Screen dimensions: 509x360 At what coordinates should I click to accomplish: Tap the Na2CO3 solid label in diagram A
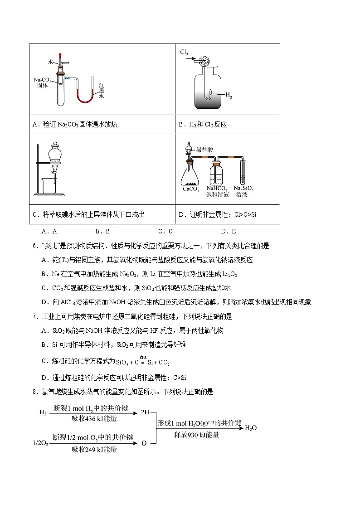(42, 82)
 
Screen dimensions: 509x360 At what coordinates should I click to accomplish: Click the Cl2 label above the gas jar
(184, 53)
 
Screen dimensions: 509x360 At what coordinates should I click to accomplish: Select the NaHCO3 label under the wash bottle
(217, 188)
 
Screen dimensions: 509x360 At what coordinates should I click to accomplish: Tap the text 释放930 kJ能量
(197, 435)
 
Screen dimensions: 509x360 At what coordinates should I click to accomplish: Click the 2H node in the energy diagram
(145, 413)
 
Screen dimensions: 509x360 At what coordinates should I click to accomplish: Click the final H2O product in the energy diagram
(251, 427)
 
